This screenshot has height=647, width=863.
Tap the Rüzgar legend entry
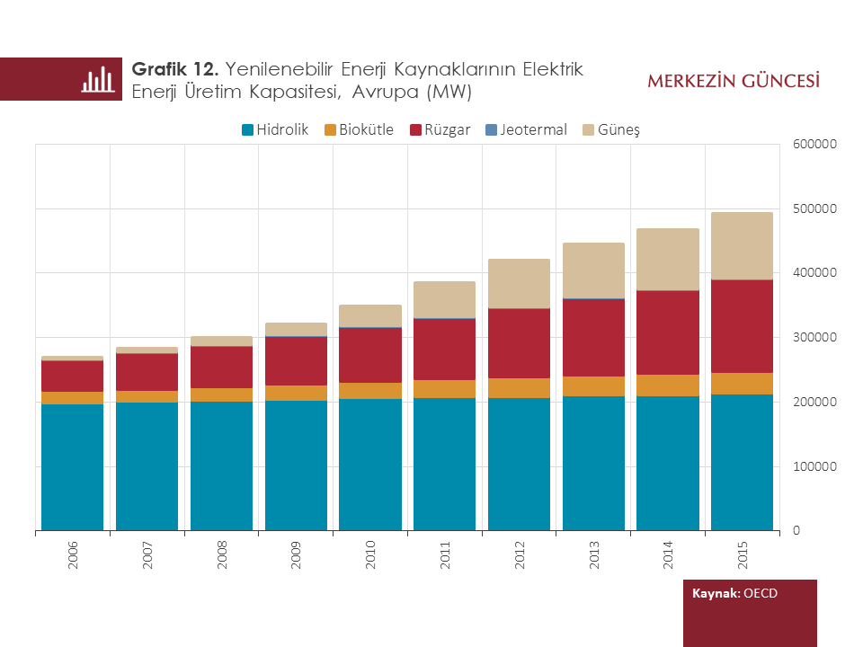tap(440, 129)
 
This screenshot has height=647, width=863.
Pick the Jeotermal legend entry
tap(526, 129)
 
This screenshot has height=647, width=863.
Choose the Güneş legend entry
tap(611, 129)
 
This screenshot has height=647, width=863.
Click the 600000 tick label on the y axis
tap(814, 144)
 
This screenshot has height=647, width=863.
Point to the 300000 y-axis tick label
tap(814, 337)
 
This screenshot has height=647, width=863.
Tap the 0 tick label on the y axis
tap(796, 531)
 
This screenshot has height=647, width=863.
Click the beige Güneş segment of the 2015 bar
tap(742, 245)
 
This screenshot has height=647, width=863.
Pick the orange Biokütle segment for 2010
tap(370, 391)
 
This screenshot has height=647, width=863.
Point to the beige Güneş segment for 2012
tap(519, 283)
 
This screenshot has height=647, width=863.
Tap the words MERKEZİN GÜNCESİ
tap(733, 82)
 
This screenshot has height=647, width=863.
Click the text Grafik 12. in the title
tap(176, 69)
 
